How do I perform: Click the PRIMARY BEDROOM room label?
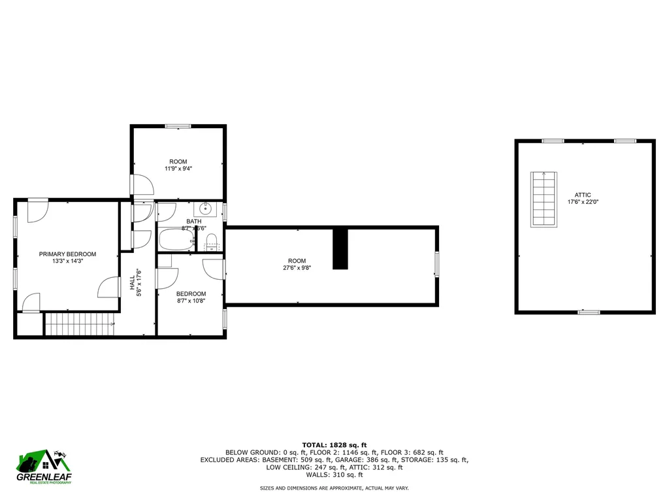click(67, 254)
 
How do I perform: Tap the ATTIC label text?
click(583, 195)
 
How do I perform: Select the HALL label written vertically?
click(133, 282)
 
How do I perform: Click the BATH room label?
click(194, 222)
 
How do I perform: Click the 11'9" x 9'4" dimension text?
click(178, 169)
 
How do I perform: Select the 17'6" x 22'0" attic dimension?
click(583, 203)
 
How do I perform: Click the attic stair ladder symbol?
click(544, 199)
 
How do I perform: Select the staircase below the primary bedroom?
click(78, 324)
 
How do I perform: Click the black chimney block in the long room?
click(340, 248)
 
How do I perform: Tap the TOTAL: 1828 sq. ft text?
click(334, 444)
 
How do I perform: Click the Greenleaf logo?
click(44, 466)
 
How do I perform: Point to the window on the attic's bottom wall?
click(589, 312)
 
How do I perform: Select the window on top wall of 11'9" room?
click(178, 126)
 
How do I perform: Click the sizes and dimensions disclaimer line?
click(334, 488)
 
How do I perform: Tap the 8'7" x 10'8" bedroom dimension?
click(191, 301)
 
